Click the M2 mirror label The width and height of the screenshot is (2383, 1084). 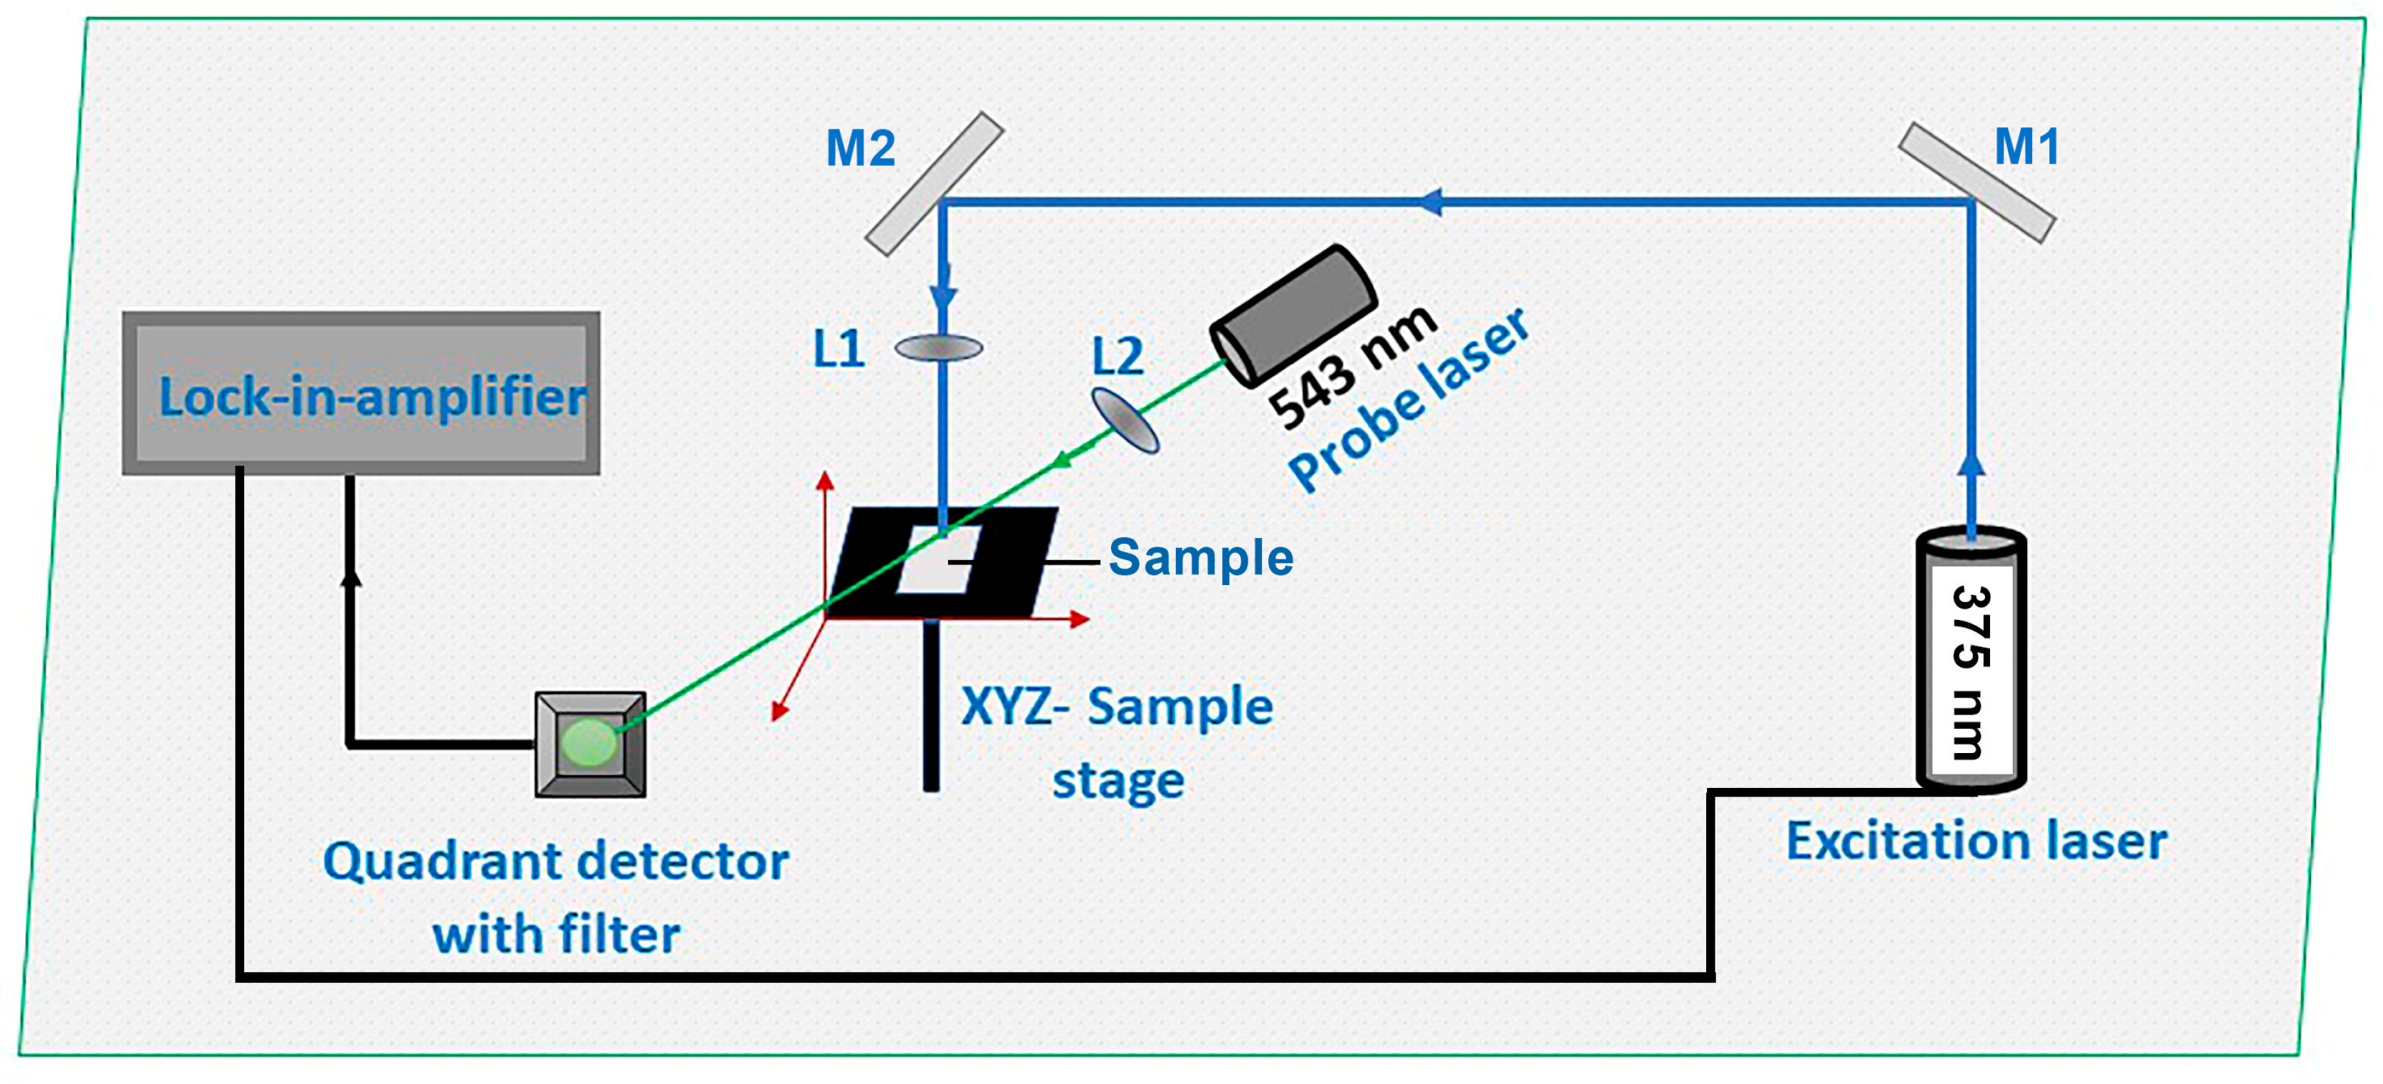pos(861,148)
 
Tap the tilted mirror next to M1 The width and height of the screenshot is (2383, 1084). pos(1977,182)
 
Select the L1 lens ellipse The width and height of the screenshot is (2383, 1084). pos(938,348)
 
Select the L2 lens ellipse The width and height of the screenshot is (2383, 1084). pos(1125,421)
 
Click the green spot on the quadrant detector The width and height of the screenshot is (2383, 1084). pos(589,742)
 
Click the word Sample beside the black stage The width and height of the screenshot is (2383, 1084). pos(1200,558)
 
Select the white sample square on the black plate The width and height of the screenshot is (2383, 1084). pos(938,560)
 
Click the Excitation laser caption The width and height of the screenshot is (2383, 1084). pos(1975,842)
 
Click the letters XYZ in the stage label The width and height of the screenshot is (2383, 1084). pos(1006,707)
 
